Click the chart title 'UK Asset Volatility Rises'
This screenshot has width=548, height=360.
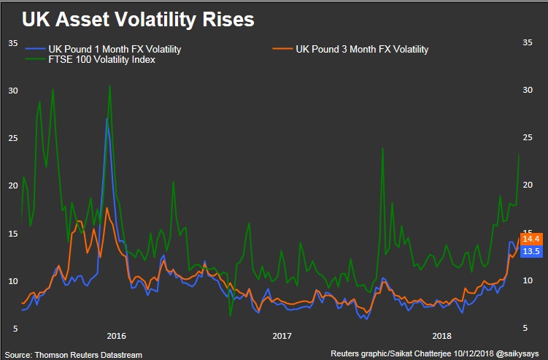pyautogui.click(x=138, y=20)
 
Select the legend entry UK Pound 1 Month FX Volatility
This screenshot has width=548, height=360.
pyautogui.click(x=115, y=50)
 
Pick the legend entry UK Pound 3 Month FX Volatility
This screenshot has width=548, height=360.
pyautogui.click(x=362, y=50)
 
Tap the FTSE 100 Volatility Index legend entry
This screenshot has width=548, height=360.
pyautogui.click(x=101, y=60)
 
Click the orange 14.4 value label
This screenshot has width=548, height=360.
pyautogui.click(x=530, y=239)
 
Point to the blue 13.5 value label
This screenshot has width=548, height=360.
pyautogui.click(x=530, y=251)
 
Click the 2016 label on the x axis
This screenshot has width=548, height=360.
pyautogui.click(x=117, y=336)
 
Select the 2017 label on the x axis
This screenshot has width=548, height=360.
pyautogui.click(x=282, y=336)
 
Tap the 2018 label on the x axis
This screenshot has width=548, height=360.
pyautogui.click(x=441, y=336)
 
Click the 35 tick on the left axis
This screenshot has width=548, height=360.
pyautogui.click(x=12, y=43)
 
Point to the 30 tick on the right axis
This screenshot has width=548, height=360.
pyautogui.click(x=530, y=91)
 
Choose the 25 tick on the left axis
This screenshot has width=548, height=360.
pyautogui.click(x=12, y=138)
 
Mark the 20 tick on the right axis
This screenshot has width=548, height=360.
pyautogui.click(x=530, y=185)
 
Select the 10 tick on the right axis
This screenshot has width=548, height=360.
pyautogui.click(x=530, y=281)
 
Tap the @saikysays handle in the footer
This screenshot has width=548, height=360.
pyautogui.click(x=519, y=354)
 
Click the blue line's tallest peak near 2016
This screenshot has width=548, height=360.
pyautogui.click(x=107, y=118)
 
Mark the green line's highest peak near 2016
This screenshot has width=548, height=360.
pyautogui.click(x=109, y=85)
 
